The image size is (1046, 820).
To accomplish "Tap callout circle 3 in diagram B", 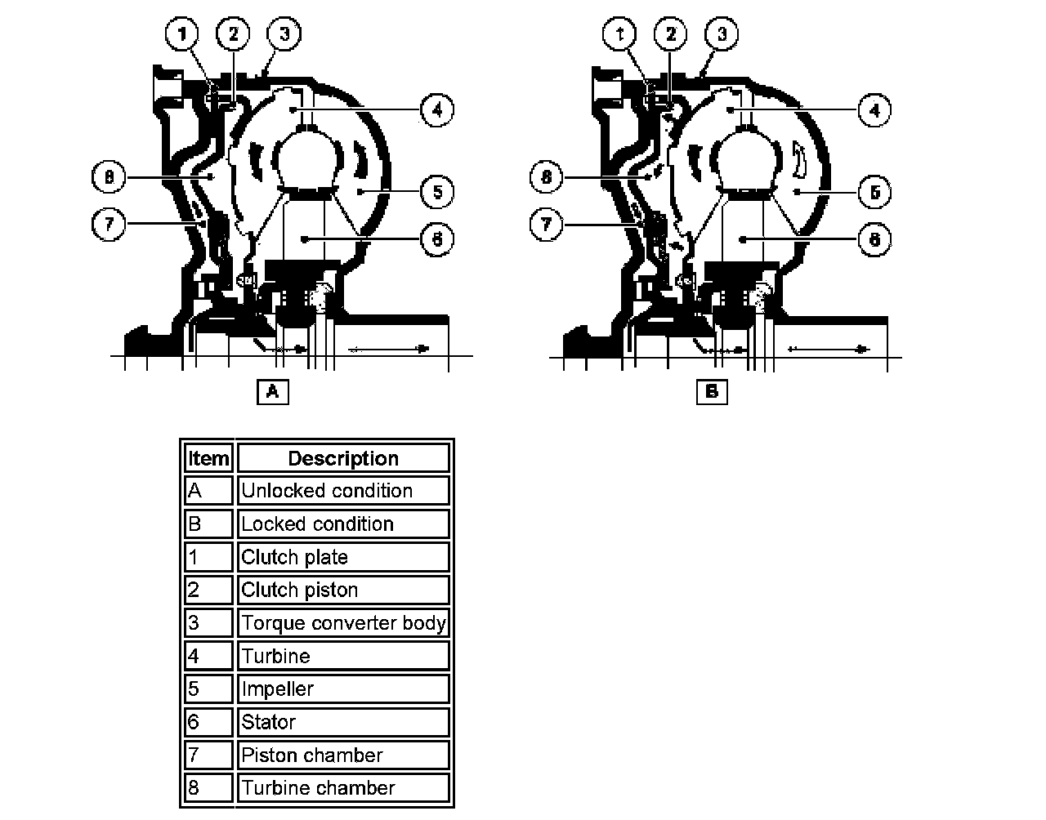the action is pos(722,34).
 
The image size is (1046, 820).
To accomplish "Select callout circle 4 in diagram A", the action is pos(437,109).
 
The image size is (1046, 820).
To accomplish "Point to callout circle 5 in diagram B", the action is pos(875,192).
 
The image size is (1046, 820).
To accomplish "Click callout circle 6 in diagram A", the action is pos(437,239).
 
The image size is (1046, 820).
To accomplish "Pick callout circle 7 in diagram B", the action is pos(547,224).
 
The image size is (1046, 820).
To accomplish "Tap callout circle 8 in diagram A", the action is pos(110,176).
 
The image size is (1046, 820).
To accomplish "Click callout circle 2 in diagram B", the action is pos(671,34).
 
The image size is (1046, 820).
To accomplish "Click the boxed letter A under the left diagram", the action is pos(273,391).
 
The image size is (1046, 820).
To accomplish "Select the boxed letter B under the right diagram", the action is pos(712,391).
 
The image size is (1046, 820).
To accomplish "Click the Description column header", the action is pos(343,458).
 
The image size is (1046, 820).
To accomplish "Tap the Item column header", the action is pos(208,458).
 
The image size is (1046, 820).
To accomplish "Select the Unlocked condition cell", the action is pos(343,491).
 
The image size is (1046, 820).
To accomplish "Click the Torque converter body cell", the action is pos(343,623).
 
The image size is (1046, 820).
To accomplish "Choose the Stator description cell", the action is pos(343,722).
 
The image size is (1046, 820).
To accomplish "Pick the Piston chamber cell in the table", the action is pos(343,755).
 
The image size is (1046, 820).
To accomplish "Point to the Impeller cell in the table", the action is pos(343,689).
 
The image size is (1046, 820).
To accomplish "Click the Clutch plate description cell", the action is pos(343,557).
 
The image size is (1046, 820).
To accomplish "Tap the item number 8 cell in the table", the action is pos(208,788).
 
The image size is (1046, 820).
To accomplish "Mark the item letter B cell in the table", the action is pos(208,524).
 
